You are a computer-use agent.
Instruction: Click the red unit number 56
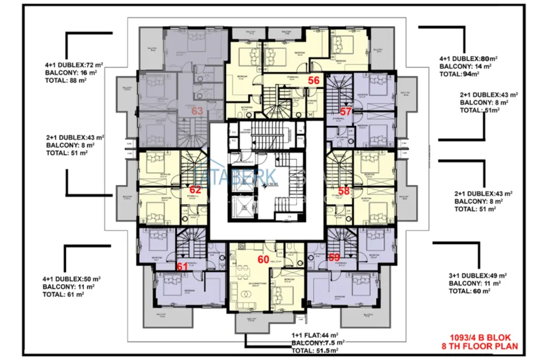coord(314,80)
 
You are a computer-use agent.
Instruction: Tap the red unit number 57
coord(346,111)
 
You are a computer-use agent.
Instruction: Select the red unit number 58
coord(344,190)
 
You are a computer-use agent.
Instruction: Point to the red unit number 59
coord(334,258)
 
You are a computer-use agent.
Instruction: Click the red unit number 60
coord(263,259)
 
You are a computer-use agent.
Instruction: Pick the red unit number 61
coord(182,267)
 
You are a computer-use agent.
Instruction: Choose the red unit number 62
coord(195,189)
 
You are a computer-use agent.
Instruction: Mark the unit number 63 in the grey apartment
coord(197,111)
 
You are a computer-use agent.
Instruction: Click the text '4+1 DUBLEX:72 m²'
coord(74,65)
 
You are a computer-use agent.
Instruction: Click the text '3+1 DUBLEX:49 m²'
coord(478,275)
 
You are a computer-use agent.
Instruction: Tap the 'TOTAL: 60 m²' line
coord(470,291)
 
